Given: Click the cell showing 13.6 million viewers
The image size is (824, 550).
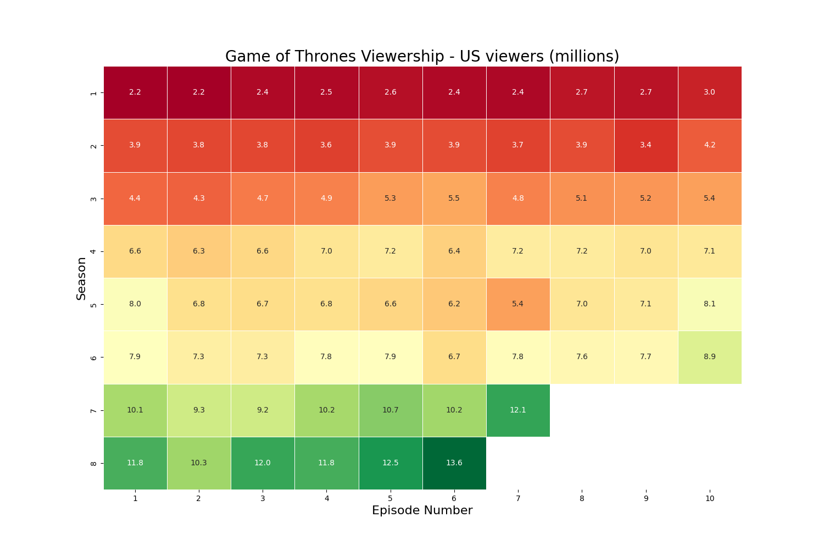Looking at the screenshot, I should point(454,463).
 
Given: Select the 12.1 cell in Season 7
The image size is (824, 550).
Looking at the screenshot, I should point(518,410).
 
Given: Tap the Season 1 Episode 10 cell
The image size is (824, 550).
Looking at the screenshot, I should point(709,92).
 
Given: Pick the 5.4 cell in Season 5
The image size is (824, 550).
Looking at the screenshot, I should point(518,304).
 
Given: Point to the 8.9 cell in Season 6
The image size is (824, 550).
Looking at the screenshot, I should point(709,356).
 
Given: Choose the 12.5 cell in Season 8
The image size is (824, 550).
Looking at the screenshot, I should point(391,463).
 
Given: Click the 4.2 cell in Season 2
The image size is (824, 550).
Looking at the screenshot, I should point(709,145).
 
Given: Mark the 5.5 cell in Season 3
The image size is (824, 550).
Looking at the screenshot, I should point(454,198).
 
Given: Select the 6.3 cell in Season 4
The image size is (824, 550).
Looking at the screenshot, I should point(199,251).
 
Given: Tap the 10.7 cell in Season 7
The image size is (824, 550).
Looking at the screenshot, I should point(391,410).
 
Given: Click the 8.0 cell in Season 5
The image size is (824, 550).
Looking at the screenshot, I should point(135,304).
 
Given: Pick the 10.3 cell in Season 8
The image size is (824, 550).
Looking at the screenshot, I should point(199,463).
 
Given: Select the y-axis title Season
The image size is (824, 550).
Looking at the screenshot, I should point(81,278).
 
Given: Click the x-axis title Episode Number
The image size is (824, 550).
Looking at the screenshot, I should point(422,510).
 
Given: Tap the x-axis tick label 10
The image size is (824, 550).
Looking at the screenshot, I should point(709,498).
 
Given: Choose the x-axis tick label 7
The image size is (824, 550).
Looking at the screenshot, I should point(518,498).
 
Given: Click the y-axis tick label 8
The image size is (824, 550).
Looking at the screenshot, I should point(93,463).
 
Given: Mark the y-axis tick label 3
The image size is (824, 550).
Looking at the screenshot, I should point(93,199).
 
